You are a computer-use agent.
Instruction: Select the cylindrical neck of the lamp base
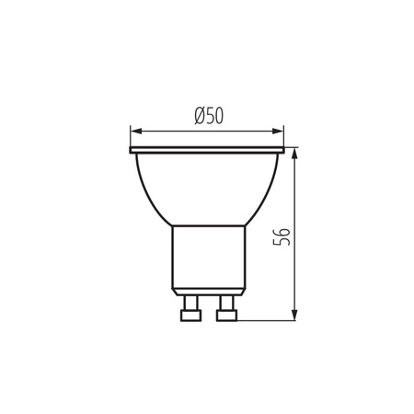click(206, 258)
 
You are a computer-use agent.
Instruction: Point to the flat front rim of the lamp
click(206, 150)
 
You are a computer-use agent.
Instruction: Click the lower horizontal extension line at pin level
click(267, 319)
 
